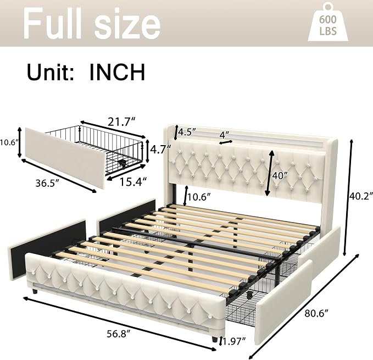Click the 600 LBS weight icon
(x=328, y=22)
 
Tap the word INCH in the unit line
(x=117, y=72)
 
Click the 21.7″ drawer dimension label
(x=121, y=122)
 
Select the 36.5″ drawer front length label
(x=47, y=183)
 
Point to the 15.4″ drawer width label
(x=133, y=182)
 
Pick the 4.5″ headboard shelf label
(x=187, y=132)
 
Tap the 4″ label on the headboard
(x=224, y=135)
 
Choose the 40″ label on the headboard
(x=280, y=176)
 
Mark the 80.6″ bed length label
(x=316, y=314)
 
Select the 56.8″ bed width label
(x=119, y=334)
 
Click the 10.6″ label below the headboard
(x=199, y=197)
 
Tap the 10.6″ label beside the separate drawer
(x=9, y=142)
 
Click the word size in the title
(x=127, y=25)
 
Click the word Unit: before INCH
(x=51, y=72)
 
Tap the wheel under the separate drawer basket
(x=123, y=163)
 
